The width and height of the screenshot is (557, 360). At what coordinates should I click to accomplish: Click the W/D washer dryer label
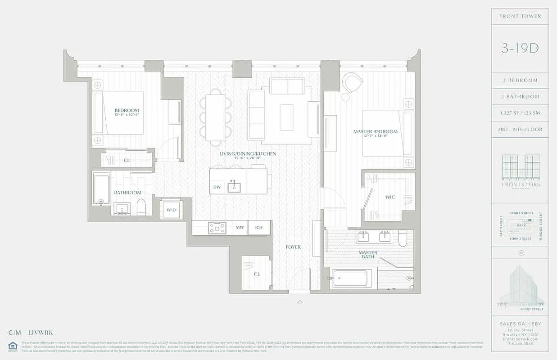[171, 210]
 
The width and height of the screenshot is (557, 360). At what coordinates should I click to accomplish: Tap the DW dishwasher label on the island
[217, 187]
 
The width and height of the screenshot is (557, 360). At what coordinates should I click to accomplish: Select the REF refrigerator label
[259, 228]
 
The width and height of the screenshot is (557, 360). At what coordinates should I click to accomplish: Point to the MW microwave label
[240, 228]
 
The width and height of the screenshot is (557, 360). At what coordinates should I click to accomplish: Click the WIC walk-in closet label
[390, 197]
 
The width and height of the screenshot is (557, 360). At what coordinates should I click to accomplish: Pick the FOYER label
[293, 247]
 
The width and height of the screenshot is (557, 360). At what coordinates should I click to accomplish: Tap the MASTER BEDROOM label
[375, 131]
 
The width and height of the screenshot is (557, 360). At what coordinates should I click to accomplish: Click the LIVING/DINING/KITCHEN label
[248, 154]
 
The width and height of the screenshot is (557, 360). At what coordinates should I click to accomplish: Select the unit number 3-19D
[520, 49]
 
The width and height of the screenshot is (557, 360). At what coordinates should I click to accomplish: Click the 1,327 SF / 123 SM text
[520, 113]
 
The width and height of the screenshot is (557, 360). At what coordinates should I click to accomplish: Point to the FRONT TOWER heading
[520, 16]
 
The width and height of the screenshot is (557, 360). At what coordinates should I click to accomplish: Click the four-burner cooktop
[217, 228]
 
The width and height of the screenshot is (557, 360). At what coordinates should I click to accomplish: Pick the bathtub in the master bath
[352, 278]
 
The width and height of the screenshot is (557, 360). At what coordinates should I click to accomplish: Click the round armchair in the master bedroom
[352, 83]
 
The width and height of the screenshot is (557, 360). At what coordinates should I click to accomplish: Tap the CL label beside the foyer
[257, 274]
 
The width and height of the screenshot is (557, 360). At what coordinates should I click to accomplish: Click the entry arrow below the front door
[300, 302]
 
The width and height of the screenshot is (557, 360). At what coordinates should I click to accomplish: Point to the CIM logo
[15, 333]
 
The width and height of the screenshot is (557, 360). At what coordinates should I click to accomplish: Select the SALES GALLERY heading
[520, 324]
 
